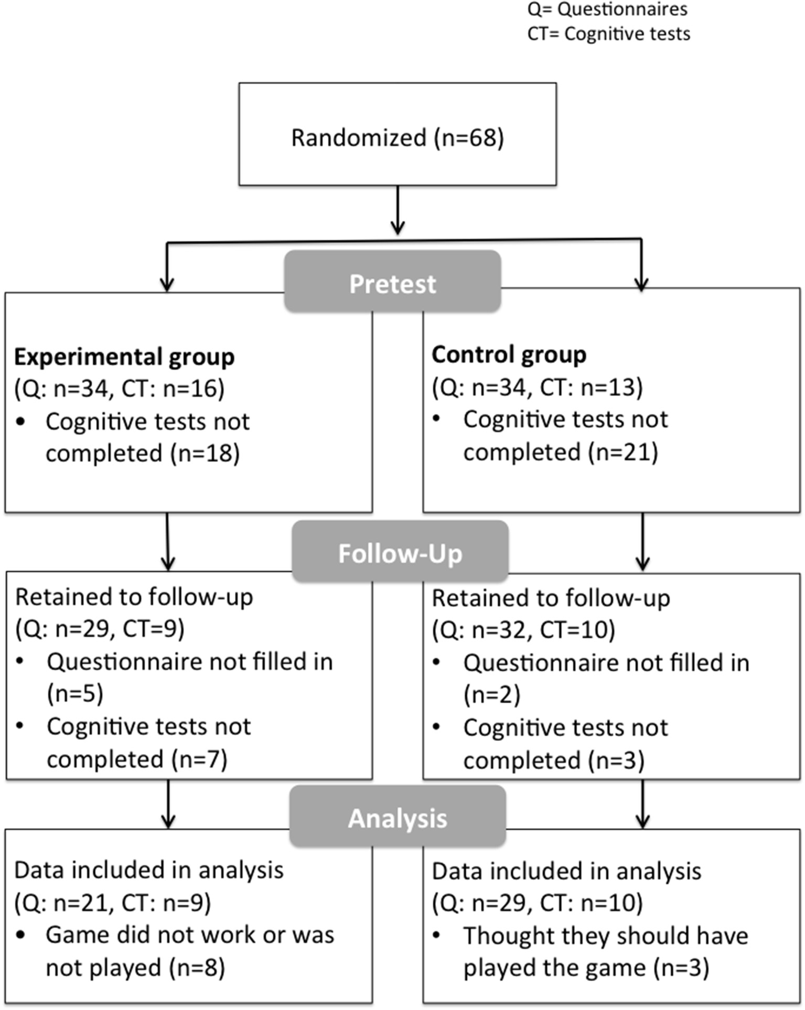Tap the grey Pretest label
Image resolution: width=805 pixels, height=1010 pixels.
pos(392,283)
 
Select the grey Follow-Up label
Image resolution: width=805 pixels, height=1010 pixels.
pos(400,553)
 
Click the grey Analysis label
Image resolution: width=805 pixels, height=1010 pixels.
pos(397,818)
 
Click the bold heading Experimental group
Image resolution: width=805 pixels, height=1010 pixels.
pos(124,357)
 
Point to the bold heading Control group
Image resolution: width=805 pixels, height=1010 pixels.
pos(509,354)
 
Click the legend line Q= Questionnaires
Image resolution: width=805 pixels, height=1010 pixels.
pos(607,9)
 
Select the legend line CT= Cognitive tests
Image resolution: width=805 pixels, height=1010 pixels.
pos(608,34)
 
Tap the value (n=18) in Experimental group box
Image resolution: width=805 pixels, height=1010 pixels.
pos(205,453)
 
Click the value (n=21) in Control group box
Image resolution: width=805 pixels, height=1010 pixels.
pos(622,452)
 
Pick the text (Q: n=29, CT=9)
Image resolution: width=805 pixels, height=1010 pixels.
pos(100,629)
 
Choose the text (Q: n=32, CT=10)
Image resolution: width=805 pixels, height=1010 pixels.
pos(523,630)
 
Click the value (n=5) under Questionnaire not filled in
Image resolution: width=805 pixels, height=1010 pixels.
pos(75,693)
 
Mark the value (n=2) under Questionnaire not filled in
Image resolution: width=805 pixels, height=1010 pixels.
pos(492,694)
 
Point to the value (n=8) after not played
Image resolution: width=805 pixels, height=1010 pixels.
pos(197,968)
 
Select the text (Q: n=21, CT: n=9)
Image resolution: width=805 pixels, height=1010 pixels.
pos(112,902)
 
